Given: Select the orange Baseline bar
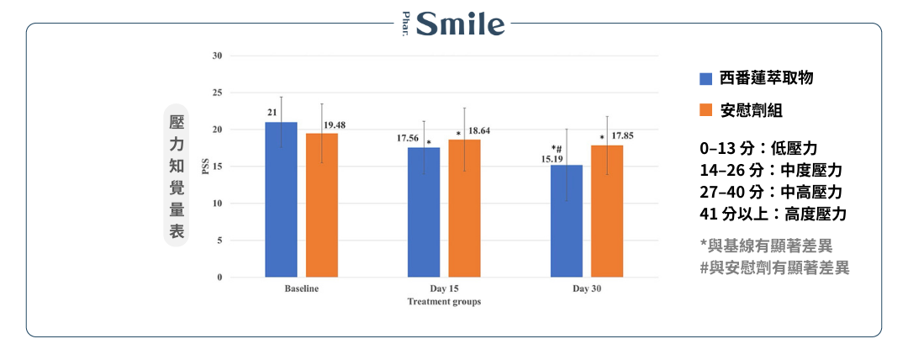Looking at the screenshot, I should click(322, 205).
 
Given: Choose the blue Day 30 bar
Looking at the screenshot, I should click(567, 220).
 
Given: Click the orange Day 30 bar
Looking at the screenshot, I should click(607, 211).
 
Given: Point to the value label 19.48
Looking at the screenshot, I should click(335, 124).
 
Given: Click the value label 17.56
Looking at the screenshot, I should click(409, 138).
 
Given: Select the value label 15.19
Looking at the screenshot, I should click(552, 157).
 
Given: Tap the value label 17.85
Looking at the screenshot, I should click(623, 135).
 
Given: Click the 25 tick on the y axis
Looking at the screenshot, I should click(217, 93).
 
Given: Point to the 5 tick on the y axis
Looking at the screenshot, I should click(219, 241).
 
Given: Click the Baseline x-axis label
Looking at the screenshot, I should click(301, 289).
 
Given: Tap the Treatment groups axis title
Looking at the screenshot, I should click(444, 301).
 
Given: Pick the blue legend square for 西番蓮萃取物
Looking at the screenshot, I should click(706, 78).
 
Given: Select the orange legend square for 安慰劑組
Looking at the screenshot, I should click(706, 111).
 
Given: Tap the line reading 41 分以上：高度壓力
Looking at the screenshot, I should click(773, 214).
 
